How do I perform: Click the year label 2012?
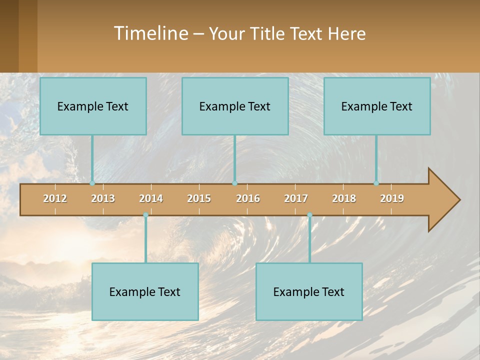click(x=55, y=198)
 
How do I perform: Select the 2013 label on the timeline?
click(x=103, y=198)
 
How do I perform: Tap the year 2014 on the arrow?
click(x=151, y=198)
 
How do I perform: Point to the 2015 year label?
click(x=199, y=198)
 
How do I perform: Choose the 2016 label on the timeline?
click(x=248, y=198)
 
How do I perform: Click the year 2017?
click(x=296, y=198)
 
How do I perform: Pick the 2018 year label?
click(x=344, y=198)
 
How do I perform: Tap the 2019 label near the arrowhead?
click(x=392, y=198)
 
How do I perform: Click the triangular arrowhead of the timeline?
click(x=443, y=200)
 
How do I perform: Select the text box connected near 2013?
click(x=93, y=106)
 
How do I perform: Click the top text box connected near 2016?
click(x=235, y=106)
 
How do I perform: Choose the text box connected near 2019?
click(x=377, y=106)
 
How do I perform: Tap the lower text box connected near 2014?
click(x=145, y=291)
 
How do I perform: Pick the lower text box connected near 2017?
click(x=309, y=291)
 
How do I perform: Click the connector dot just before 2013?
click(x=92, y=183)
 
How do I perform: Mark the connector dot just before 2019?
click(x=376, y=183)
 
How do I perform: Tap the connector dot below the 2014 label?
click(x=145, y=215)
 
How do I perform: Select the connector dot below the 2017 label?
click(x=309, y=215)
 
